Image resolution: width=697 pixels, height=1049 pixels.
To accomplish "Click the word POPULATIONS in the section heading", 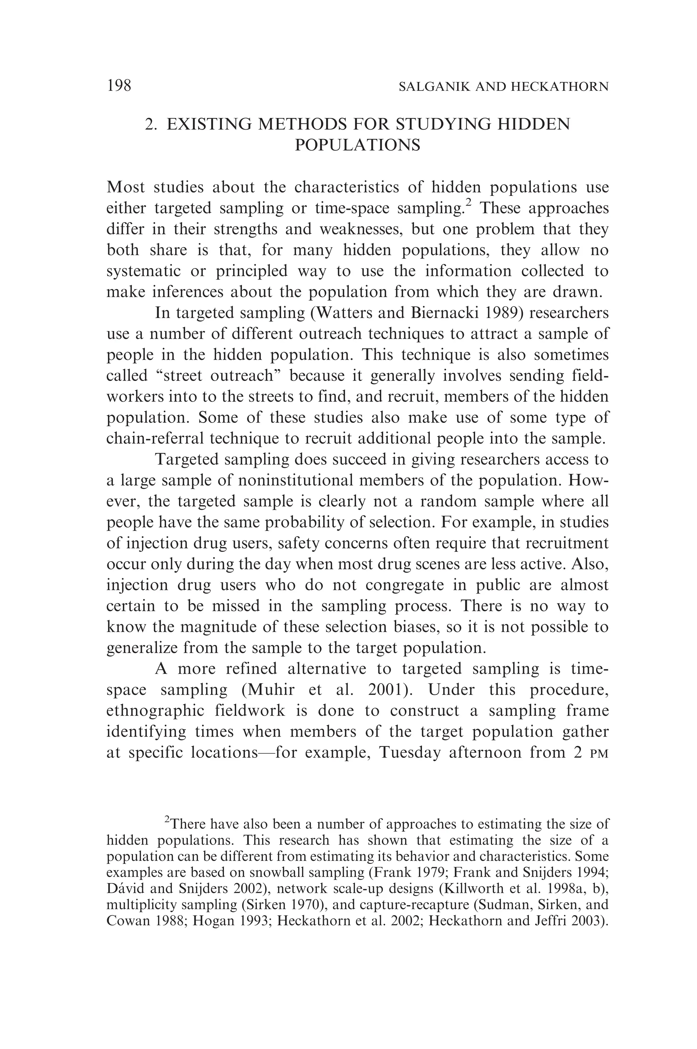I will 357,145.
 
